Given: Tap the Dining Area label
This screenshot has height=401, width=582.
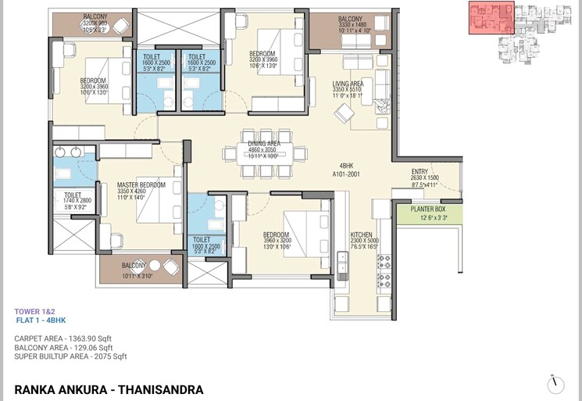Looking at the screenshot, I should [262, 142].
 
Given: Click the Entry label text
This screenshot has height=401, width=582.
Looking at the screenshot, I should [424, 172].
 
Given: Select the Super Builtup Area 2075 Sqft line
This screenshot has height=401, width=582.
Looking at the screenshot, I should [70, 356].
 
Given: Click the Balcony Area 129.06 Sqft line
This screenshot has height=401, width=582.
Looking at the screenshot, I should [63, 348].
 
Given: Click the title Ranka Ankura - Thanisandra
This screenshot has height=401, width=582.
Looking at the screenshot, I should [109, 388].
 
